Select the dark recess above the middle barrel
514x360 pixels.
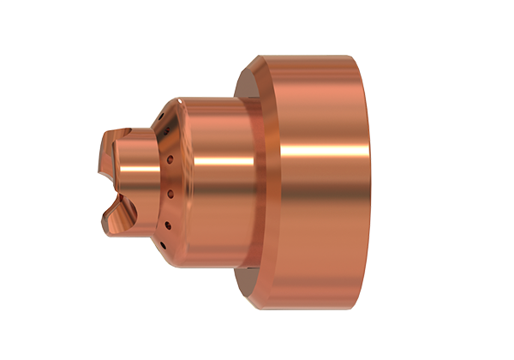click(x=244, y=86)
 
